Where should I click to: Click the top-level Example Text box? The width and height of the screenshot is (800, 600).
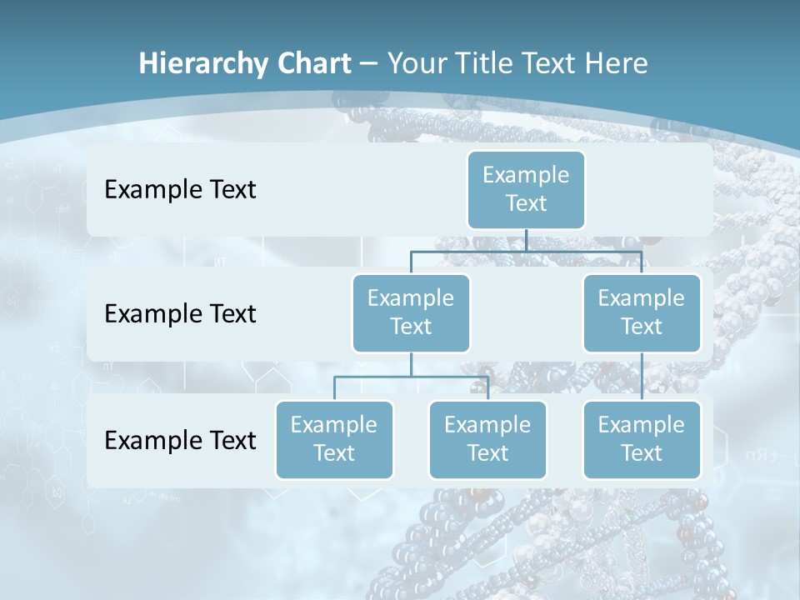pos(526,189)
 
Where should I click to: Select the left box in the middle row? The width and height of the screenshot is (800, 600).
pos(411,312)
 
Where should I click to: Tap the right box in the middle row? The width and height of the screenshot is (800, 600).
pos(642,312)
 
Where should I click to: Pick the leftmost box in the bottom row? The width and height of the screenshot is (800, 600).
pos(334,439)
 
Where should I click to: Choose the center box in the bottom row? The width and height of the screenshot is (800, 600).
pos(487,439)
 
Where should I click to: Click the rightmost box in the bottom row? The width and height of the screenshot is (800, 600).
pos(642,439)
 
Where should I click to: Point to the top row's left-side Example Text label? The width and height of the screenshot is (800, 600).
pos(180,190)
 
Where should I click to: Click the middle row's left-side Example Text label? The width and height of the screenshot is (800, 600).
pos(180,314)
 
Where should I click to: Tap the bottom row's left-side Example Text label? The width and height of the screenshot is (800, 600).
pos(180,440)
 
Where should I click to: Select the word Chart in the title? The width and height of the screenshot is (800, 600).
pos(312,64)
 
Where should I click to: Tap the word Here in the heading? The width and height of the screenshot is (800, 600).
pos(617,64)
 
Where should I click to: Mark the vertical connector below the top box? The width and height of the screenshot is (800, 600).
pos(526,240)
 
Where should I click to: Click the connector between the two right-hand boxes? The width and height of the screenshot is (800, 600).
pos(642,376)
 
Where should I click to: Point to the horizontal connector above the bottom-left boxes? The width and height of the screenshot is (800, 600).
pos(411,377)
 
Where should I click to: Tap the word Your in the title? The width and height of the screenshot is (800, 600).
pos(415,64)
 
